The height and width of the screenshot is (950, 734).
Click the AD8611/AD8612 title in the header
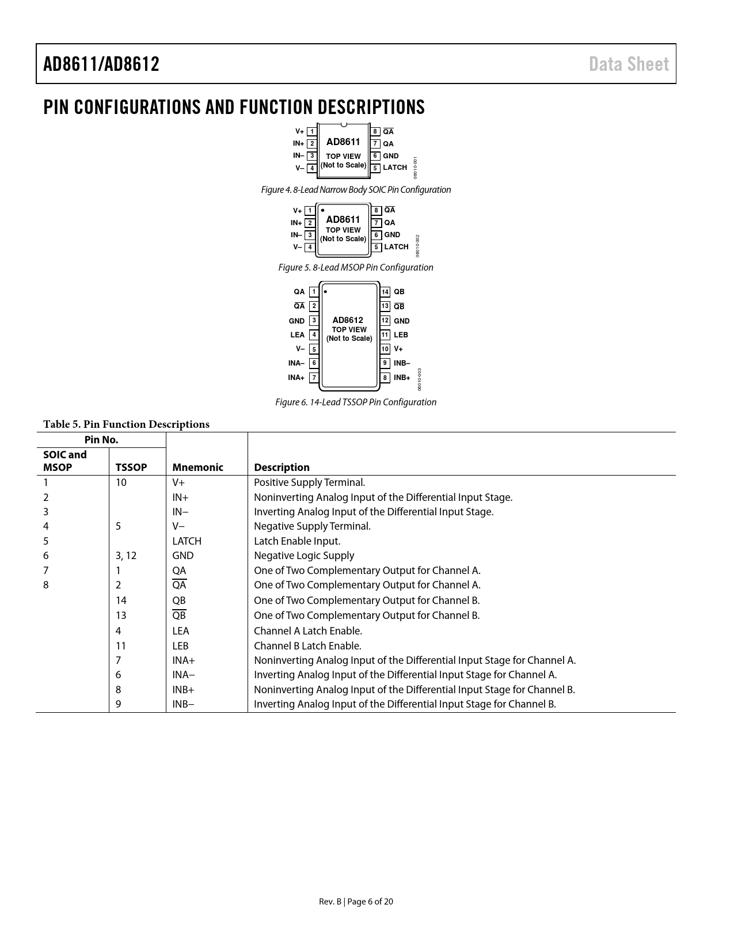pos(101,64)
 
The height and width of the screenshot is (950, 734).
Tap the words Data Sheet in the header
pos(629,64)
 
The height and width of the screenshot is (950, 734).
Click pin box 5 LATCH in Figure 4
pos(375,168)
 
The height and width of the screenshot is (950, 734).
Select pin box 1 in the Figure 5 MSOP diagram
pos(310,211)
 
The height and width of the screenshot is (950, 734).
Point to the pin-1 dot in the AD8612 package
pos(326,292)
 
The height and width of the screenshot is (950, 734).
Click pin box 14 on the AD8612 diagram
pos(385,292)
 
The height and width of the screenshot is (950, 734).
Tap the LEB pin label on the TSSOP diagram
pos(401,335)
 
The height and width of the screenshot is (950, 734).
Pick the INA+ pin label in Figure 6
pos(296,378)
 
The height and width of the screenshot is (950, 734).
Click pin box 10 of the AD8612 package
pos(385,349)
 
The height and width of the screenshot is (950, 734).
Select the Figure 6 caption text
pos(356,402)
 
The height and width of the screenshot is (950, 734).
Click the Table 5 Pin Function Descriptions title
pos(126,424)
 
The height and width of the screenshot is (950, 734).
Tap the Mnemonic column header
pos(197,468)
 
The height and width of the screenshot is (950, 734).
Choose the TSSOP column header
pos(131,468)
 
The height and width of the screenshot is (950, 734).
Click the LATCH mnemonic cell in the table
pos(187,541)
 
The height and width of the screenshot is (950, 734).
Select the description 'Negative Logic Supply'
pos(304,556)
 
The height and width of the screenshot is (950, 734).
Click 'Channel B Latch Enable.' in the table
pos(307,646)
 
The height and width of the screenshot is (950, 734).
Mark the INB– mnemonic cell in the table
pos(183,704)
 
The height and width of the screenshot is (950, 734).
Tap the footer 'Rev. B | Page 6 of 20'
pos(356,902)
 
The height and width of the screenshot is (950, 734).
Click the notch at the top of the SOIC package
pos(344,125)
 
